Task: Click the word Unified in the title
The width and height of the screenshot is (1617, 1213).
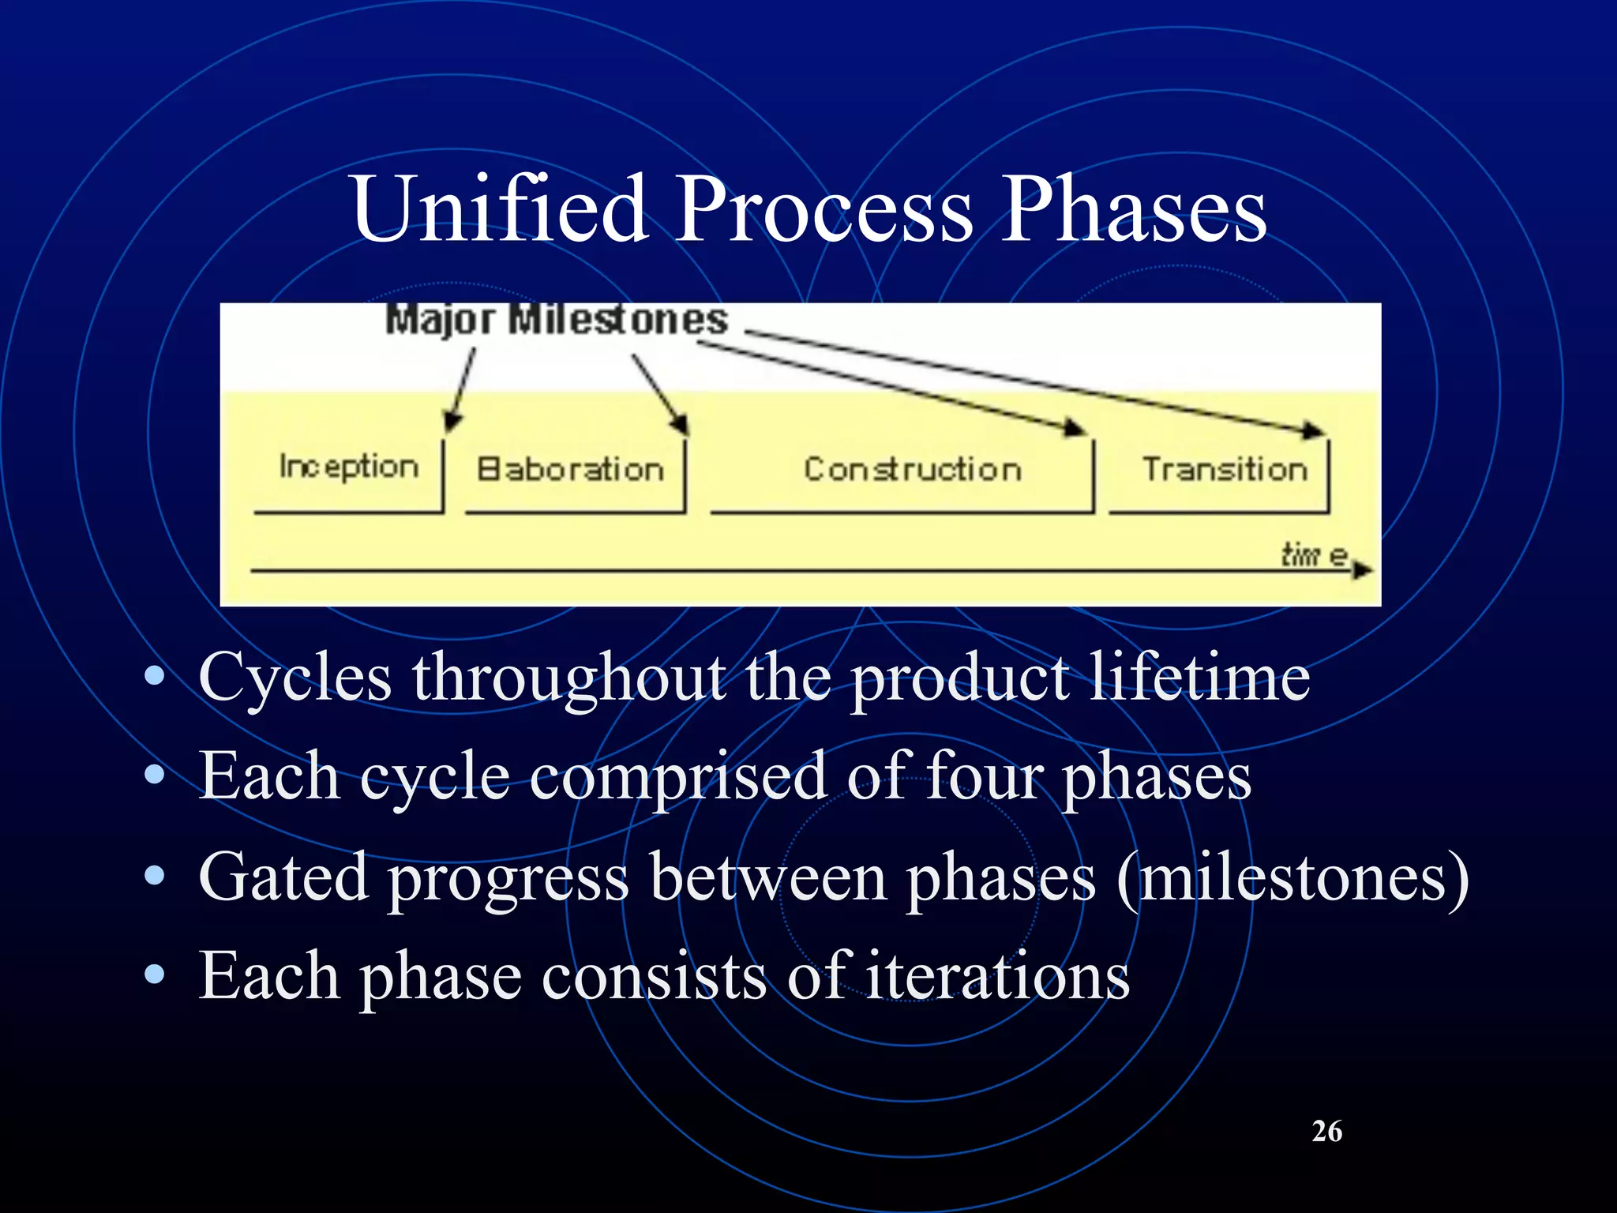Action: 499,209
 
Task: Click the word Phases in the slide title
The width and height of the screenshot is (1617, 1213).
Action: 1134,209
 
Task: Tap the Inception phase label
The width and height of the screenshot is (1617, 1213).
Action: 348,468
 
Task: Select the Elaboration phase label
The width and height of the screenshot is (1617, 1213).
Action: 570,470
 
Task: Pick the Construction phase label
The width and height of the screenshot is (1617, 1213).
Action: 913,470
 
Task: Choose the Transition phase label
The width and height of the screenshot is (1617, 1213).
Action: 1225,470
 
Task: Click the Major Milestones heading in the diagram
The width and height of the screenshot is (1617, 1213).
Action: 557,321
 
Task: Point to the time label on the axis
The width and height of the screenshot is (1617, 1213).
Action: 1314,555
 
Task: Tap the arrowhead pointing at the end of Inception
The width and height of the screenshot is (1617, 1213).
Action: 452,422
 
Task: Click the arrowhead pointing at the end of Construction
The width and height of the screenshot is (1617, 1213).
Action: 1075,428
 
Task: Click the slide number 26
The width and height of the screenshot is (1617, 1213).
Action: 1326,1132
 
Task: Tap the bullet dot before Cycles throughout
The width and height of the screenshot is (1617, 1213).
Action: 155,676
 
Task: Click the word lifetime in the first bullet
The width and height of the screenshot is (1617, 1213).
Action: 1199,678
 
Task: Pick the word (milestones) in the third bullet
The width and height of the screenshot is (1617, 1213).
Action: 1292,877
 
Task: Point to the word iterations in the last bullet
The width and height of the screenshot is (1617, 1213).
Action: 997,976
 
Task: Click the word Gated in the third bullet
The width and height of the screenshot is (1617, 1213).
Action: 283,877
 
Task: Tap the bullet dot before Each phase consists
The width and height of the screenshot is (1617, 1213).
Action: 155,975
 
